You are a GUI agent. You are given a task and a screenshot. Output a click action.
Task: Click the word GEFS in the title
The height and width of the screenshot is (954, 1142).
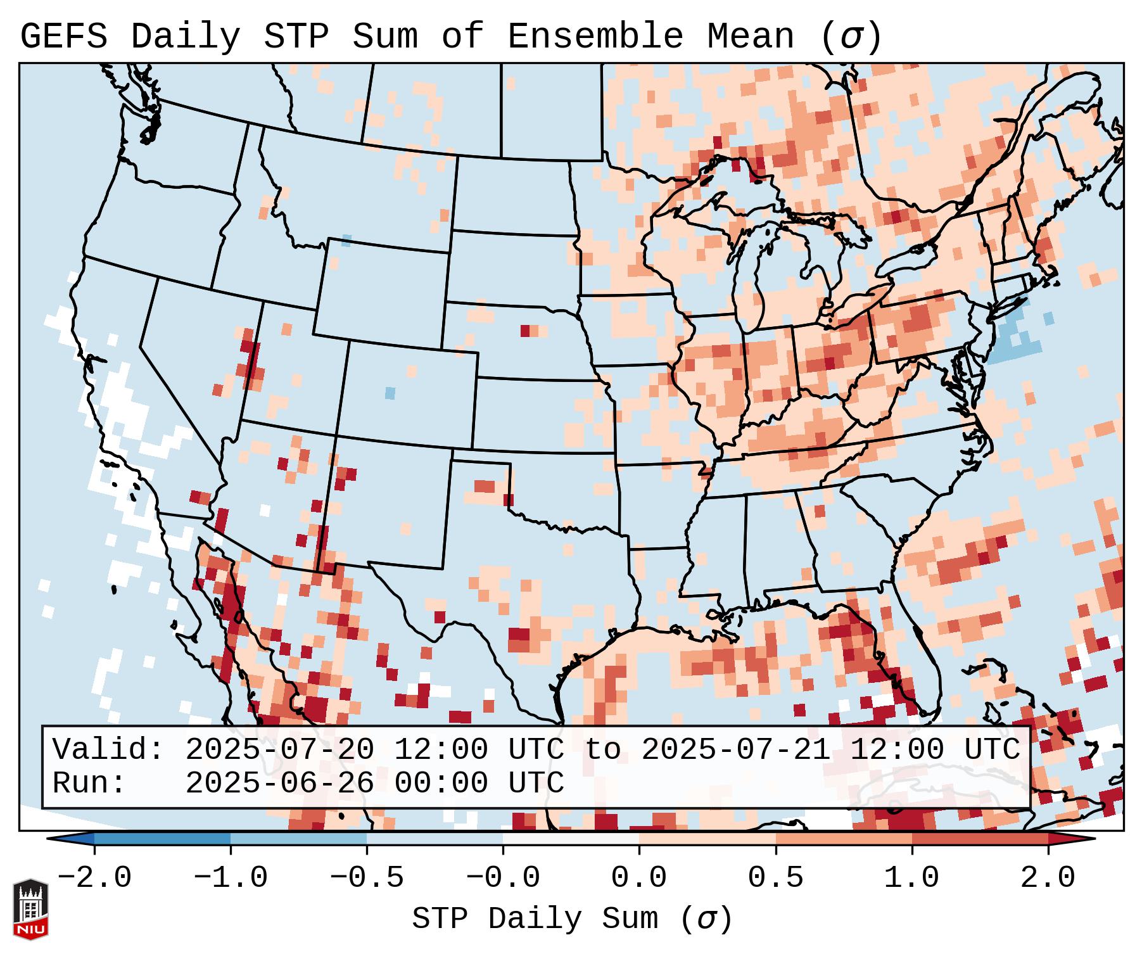tap(64, 37)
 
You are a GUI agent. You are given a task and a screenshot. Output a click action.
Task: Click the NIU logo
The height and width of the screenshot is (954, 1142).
tap(30, 909)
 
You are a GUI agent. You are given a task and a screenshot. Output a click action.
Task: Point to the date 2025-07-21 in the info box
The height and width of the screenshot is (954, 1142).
tap(735, 750)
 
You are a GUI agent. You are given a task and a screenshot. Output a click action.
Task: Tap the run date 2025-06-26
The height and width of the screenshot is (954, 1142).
tap(279, 784)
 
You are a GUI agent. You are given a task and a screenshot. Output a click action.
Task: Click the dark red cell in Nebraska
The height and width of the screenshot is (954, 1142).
tap(525, 331)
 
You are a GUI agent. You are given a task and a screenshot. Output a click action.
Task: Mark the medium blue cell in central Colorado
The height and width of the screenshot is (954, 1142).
tap(390, 393)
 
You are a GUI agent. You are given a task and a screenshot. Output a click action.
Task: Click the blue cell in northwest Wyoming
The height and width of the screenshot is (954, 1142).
tap(346, 240)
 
